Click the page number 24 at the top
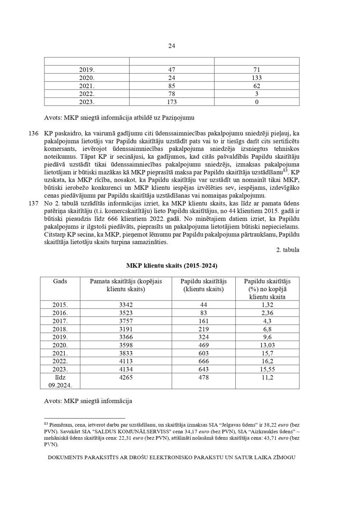[172, 46]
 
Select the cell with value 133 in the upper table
[257, 78]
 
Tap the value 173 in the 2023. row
[172, 102]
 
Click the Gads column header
[60, 281]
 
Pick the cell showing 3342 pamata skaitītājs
[126, 305]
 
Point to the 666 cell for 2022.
[204, 361]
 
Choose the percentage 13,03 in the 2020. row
[267, 345]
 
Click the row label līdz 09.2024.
[60, 381]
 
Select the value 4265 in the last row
[126, 378]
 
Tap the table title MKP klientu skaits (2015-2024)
[172, 265]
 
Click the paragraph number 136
[33, 133]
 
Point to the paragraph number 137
[33, 203]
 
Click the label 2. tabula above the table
[287, 250]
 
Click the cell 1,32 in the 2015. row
[267, 305]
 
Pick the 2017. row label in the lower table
[60, 321]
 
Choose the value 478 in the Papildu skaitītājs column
[204, 378]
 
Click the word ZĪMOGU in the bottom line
[282, 457]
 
